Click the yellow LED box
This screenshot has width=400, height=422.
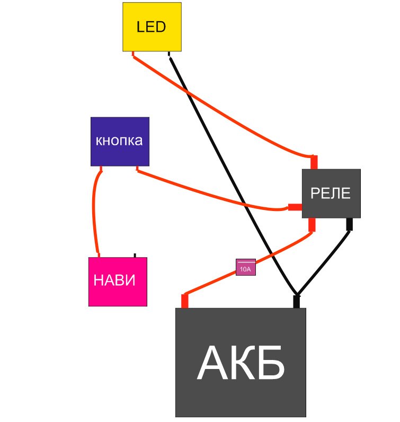pos(152,27)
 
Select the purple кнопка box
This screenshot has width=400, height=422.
pos(120,142)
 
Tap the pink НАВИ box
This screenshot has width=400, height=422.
pos(117,282)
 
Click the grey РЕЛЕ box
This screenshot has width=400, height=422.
pos(331,194)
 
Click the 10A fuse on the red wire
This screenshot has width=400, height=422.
pos(246,268)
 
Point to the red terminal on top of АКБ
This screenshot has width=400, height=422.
pos(185,301)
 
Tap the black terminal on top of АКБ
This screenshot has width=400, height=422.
pos(296,302)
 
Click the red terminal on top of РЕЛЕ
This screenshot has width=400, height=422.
pos(314,162)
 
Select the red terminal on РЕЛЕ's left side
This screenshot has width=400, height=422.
pos(295,207)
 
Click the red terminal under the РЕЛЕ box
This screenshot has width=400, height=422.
pos(312,224)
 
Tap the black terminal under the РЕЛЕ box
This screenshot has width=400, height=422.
pos(349,224)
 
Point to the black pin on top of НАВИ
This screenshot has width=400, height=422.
pos(135,255)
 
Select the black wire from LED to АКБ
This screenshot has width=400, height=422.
pos(233,175)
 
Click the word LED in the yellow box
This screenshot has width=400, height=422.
pos(152,27)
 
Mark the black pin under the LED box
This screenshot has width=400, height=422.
pos(169,53)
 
